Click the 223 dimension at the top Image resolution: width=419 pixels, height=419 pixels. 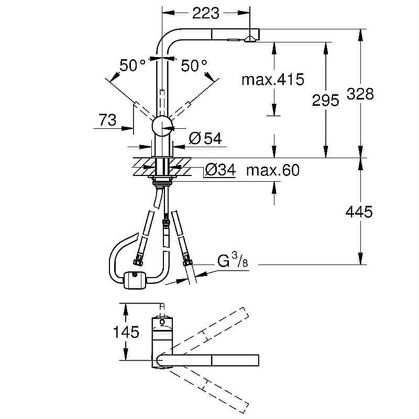tap(206, 14)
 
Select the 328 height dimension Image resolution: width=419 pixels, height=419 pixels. tap(360, 94)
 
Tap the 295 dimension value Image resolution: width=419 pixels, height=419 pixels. tap(325, 100)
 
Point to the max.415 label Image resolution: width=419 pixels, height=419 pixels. tap(272, 80)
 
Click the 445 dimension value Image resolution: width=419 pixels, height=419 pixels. tap(359, 212)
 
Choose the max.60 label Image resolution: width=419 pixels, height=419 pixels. tap(272, 170)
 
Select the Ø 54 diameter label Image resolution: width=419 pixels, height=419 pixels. tap(205, 138)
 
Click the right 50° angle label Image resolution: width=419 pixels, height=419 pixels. tap(194, 65)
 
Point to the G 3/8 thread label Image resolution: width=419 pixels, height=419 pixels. tap(232, 261)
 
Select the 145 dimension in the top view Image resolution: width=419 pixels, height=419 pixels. tap(125, 332)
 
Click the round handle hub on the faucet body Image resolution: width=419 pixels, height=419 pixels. tap(162, 126)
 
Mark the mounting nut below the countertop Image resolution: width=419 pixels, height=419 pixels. tap(162, 181)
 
